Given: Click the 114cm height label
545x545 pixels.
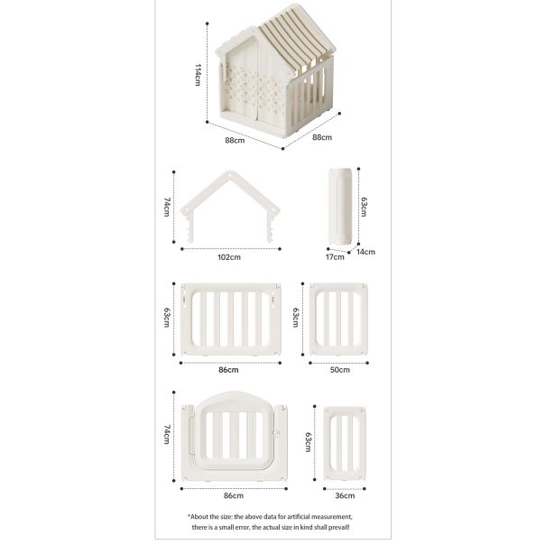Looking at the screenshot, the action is click(x=198, y=75).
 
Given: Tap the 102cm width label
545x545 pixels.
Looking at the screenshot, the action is click(x=229, y=257).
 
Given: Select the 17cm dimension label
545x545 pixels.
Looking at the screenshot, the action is click(x=335, y=257).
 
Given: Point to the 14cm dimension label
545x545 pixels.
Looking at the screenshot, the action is click(x=365, y=252).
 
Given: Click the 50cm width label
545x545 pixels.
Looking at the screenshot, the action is click(x=339, y=370).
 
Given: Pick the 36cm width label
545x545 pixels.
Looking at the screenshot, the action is click(x=345, y=495).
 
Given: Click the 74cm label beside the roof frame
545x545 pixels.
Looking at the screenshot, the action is click(x=167, y=208).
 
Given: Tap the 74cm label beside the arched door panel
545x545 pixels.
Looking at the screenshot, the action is click(x=167, y=435).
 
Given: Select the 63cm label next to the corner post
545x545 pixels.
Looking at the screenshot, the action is click(x=364, y=208).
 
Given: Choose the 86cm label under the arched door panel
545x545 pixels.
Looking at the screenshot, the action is click(x=234, y=495).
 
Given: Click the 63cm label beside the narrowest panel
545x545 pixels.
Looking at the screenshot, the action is click(x=308, y=442).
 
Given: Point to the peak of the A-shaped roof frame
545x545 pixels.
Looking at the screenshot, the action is click(x=230, y=172).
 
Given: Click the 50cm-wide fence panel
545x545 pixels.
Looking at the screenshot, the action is click(x=338, y=319).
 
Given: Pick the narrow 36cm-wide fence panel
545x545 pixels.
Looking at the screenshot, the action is click(x=345, y=444).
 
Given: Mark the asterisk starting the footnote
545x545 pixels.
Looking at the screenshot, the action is click(x=189, y=516).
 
